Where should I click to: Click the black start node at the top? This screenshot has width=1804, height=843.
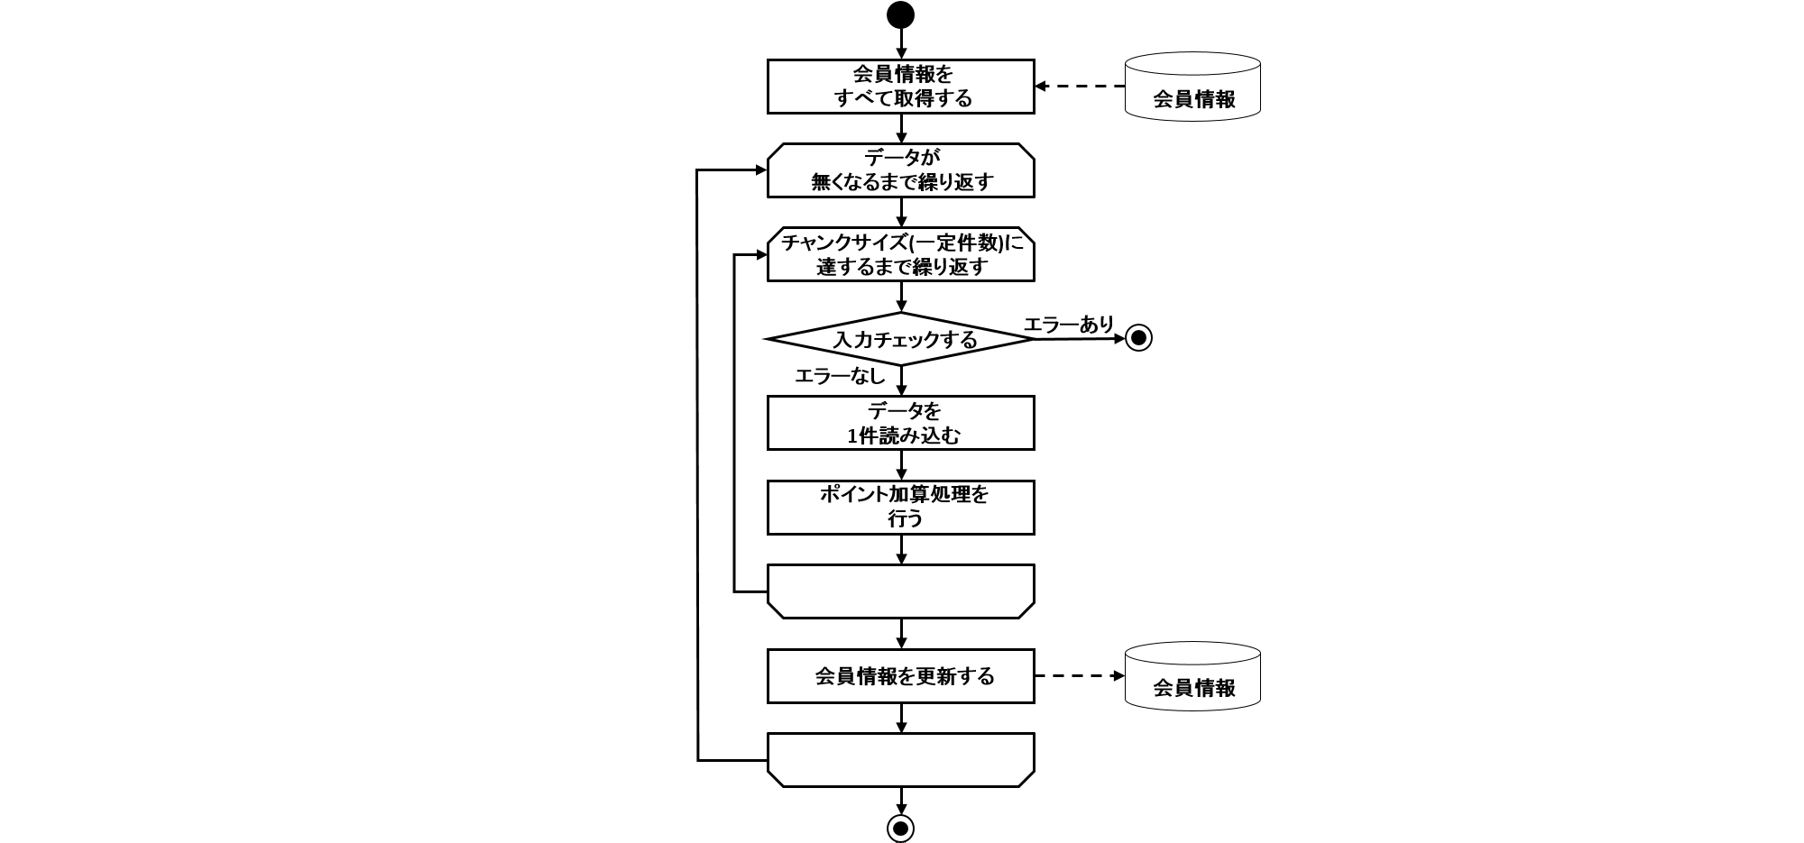tap(900, 15)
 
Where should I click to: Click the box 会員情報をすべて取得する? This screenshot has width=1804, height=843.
tap(900, 87)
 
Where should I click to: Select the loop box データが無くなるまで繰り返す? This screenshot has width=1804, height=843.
tap(900, 170)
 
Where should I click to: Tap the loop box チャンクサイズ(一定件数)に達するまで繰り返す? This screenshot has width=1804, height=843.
tap(900, 254)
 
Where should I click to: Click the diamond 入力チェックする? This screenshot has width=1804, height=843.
tap(900, 339)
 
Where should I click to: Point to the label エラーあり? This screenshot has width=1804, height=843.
tap(1069, 324)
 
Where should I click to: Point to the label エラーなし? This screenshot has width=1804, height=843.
tap(839, 376)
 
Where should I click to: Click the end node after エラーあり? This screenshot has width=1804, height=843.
tap(1138, 338)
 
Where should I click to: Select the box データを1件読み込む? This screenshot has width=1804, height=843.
tap(900, 423)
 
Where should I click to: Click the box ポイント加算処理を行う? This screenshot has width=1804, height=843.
tap(900, 507)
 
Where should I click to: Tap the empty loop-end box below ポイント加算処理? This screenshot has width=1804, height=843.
tap(900, 591)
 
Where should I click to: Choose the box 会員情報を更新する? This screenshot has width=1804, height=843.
tap(900, 676)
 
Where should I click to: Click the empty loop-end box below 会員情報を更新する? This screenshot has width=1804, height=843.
tap(900, 760)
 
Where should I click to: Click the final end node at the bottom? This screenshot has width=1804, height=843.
tap(900, 828)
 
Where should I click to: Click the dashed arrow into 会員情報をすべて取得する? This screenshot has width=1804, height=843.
tap(1080, 87)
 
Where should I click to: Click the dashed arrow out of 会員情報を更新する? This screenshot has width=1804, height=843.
tap(1080, 676)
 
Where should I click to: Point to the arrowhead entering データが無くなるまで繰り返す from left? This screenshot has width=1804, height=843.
tap(759, 170)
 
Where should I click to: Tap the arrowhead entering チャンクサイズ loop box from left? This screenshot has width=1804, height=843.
tap(759, 255)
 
